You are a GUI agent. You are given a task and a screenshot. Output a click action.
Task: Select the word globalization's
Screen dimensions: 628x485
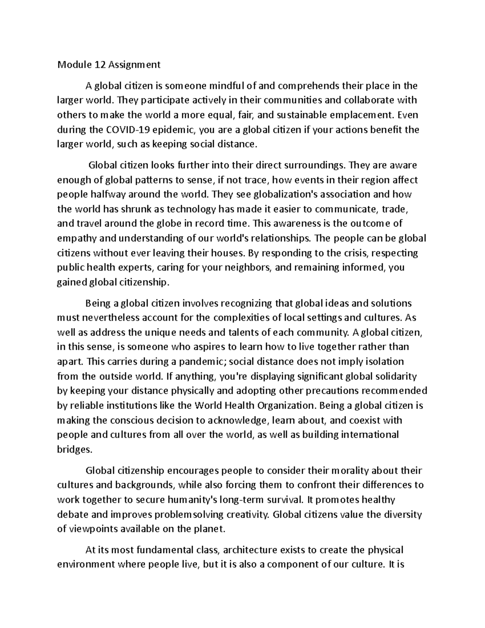click(x=280, y=195)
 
